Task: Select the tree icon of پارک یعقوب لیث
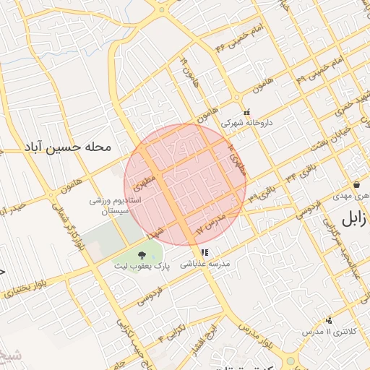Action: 141,254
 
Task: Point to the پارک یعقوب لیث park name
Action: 141,267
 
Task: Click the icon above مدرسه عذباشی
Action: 205,253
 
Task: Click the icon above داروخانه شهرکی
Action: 247,112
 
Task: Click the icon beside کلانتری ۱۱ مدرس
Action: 330,320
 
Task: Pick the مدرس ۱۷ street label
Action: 212,223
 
